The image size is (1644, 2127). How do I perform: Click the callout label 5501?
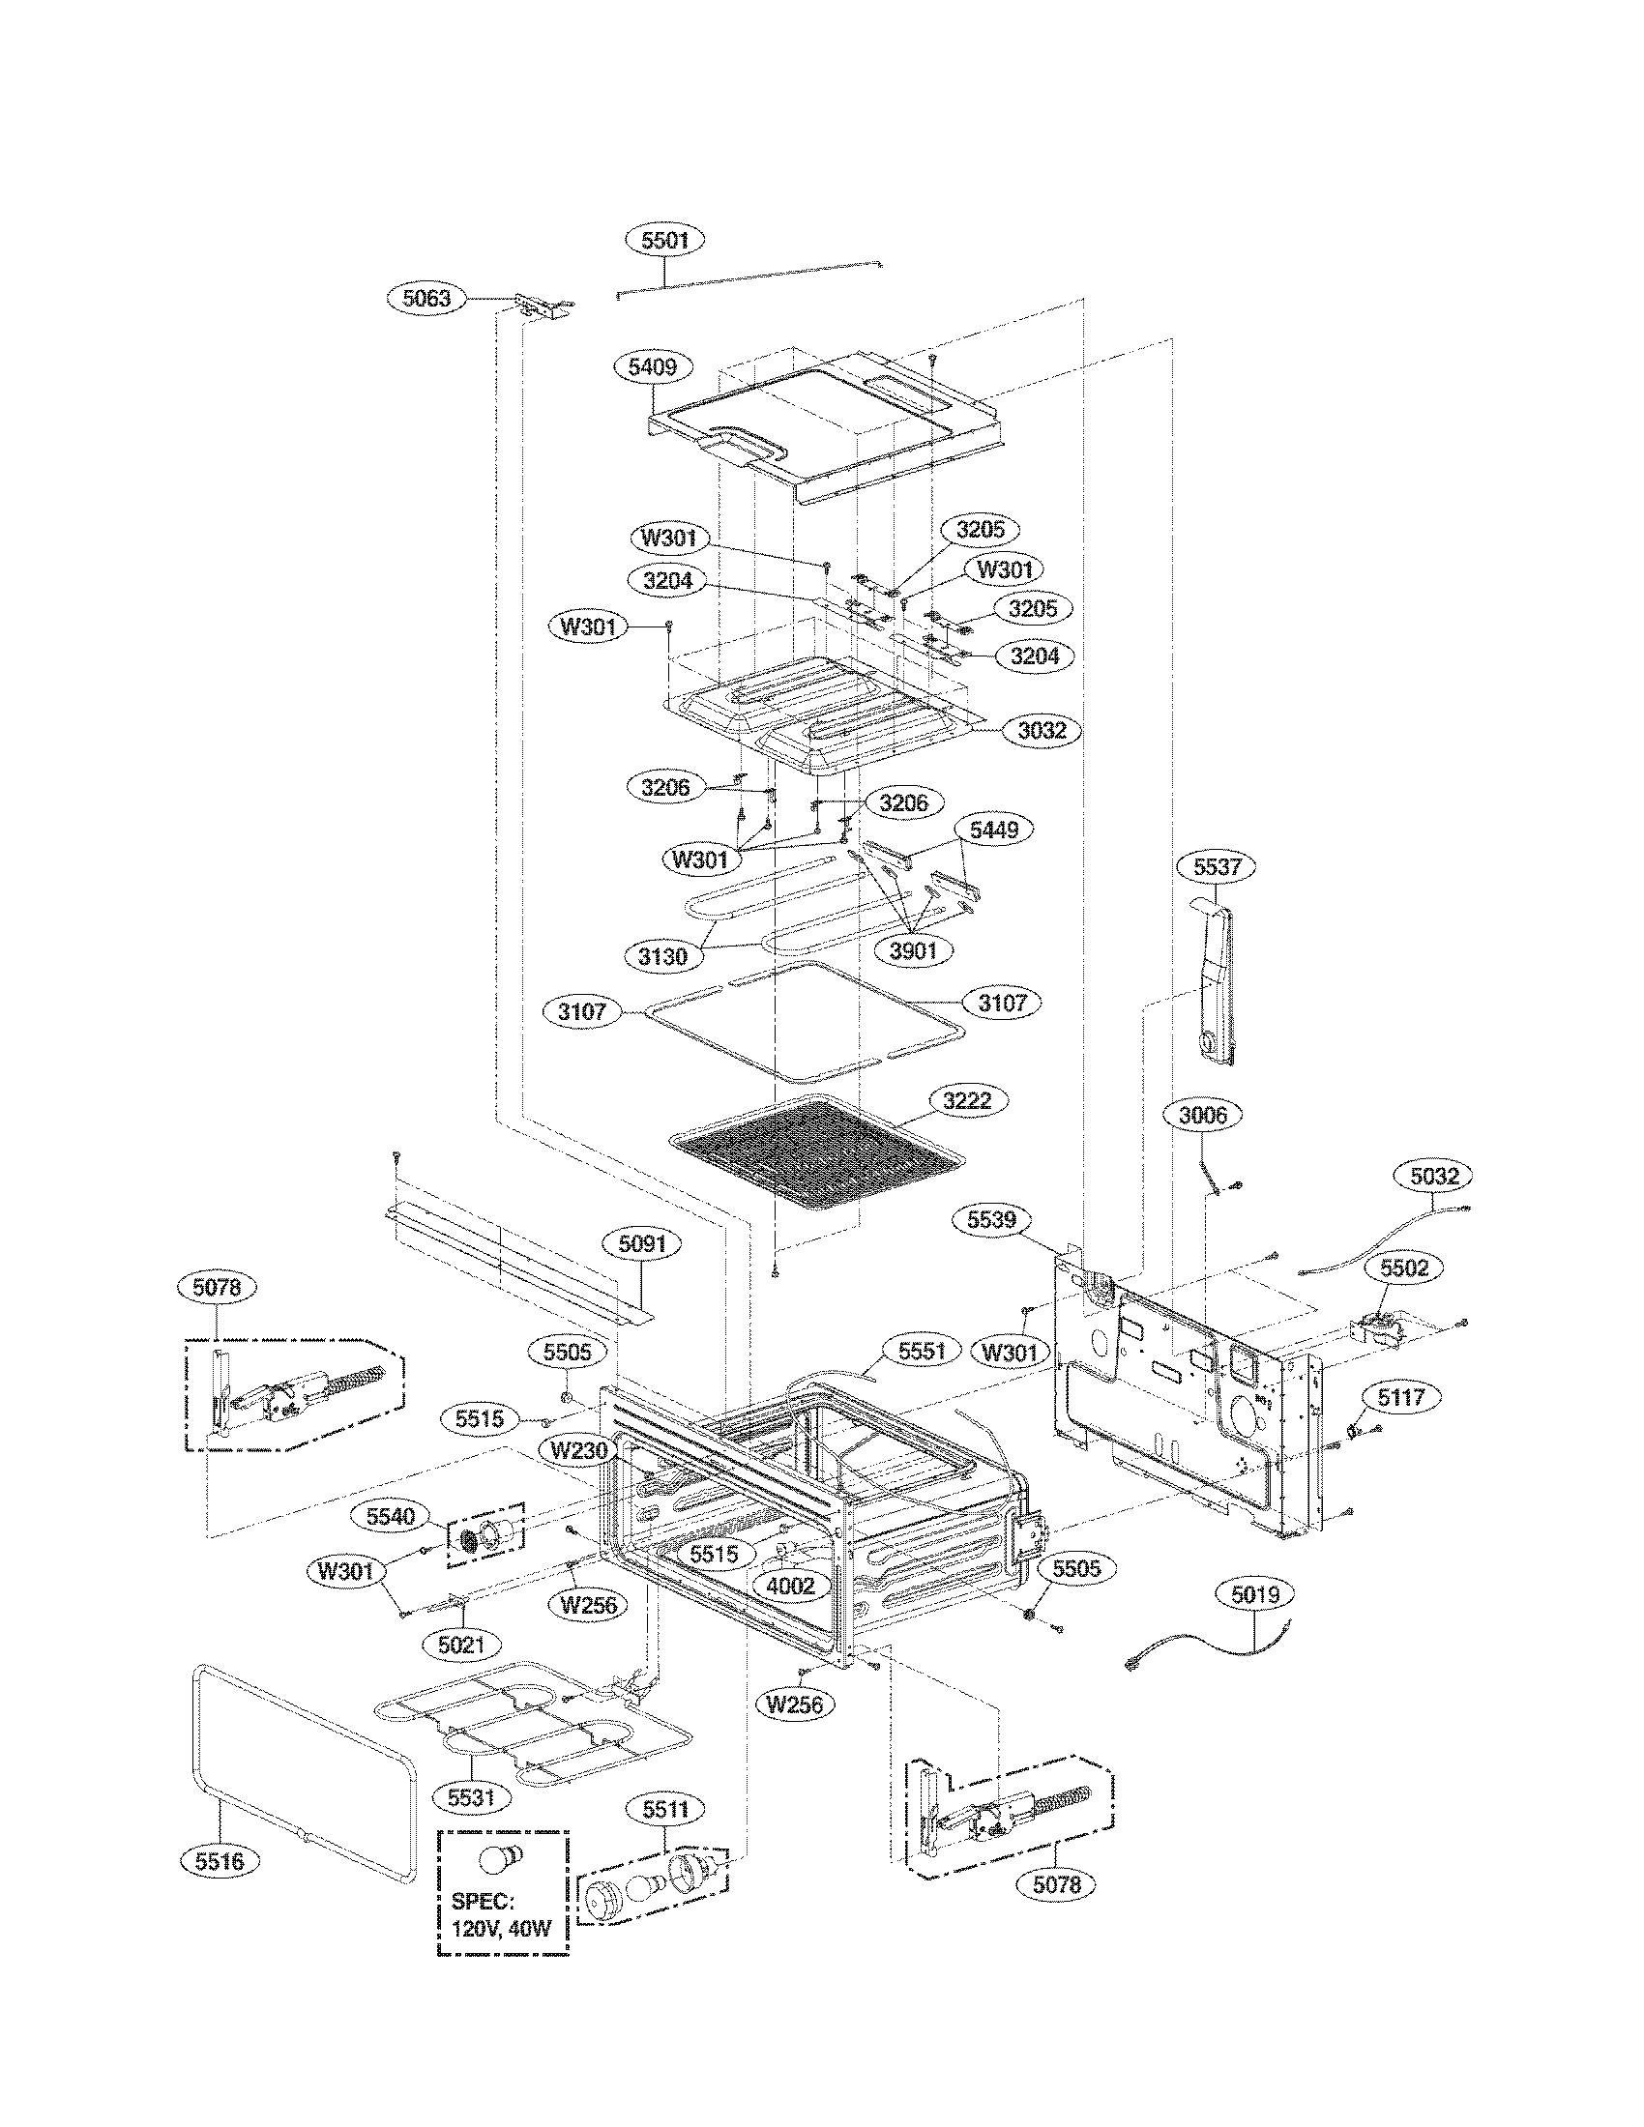tap(665, 240)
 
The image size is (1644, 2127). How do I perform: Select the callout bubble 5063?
tap(427, 298)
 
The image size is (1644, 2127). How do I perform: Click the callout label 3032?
tap(1042, 730)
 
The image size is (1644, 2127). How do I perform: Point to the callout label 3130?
tap(663, 956)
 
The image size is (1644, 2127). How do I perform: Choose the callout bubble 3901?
tap(914, 949)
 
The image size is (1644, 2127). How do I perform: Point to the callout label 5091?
tap(643, 1243)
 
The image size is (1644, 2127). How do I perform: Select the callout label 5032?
tap(1434, 1177)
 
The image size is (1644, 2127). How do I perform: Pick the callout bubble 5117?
tap(1401, 1399)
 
